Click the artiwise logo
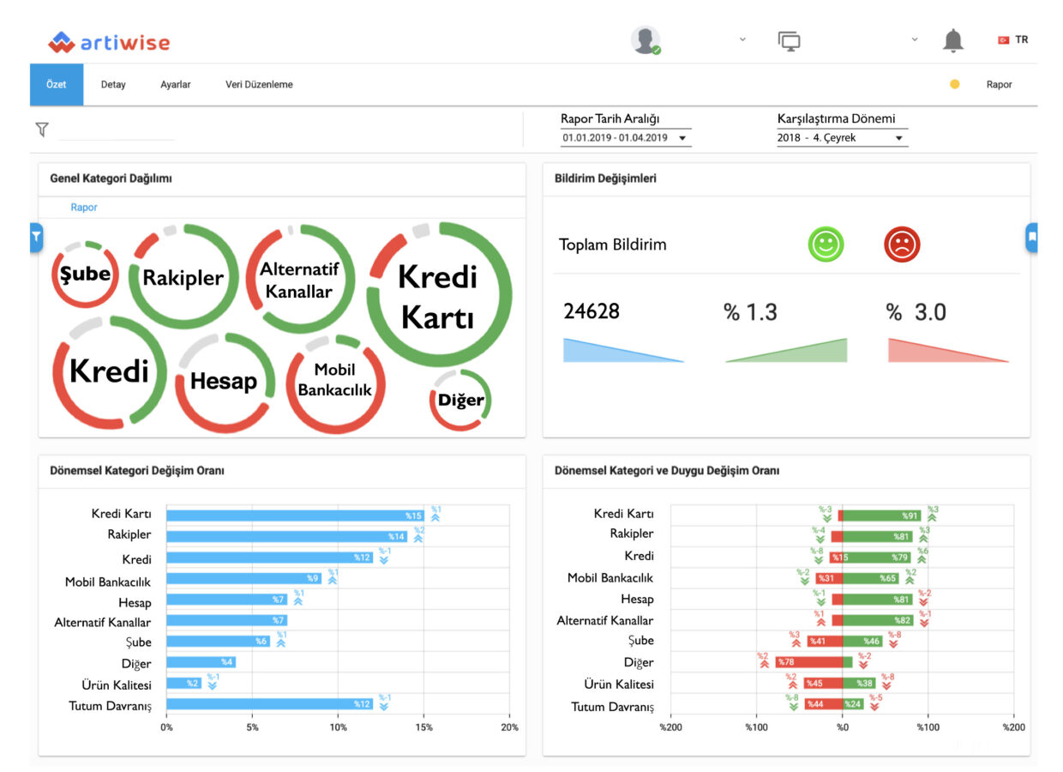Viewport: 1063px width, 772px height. (x=109, y=42)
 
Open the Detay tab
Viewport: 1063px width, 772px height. (x=113, y=85)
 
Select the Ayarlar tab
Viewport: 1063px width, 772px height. (x=175, y=85)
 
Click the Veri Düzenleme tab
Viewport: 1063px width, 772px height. (x=259, y=85)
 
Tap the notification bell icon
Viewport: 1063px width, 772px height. (x=952, y=40)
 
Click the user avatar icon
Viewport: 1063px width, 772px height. (x=645, y=39)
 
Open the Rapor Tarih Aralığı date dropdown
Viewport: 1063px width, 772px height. (x=626, y=138)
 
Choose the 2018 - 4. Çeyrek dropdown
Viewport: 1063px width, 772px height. (x=841, y=138)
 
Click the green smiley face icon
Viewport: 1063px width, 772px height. (x=826, y=244)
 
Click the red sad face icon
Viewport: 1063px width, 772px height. (x=901, y=244)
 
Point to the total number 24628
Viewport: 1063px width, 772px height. (x=592, y=311)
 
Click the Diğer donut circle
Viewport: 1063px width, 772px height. (x=460, y=400)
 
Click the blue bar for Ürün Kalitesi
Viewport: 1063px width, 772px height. (x=183, y=684)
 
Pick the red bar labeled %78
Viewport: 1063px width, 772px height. (x=808, y=662)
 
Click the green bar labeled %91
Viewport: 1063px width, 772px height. (x=881, y=516)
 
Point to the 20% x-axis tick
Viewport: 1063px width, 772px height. (x=509, y=727)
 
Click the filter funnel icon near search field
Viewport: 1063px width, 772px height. (x=42, y=130)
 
